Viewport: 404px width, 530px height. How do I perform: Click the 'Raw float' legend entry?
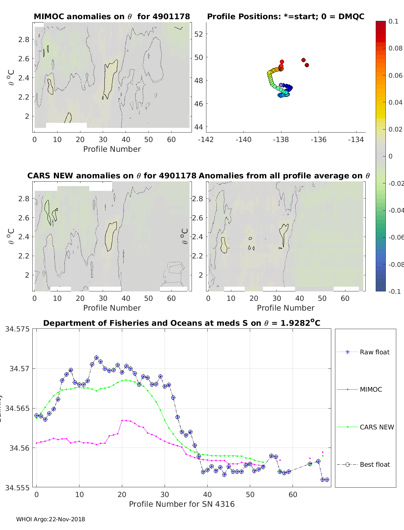374,352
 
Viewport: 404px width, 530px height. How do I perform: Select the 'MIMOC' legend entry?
371,389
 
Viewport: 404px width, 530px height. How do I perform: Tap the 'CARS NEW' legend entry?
377,427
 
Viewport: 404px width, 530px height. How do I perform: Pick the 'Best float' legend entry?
375,464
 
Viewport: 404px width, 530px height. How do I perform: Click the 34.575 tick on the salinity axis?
17,329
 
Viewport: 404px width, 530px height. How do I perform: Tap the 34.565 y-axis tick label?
17,408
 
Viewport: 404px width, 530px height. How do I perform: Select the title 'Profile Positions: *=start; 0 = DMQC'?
285,16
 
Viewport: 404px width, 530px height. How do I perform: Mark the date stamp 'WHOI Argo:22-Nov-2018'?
50,519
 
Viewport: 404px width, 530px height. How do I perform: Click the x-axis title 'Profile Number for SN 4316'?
182,504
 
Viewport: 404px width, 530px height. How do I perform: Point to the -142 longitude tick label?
206,140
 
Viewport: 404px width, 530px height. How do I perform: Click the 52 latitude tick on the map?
199,34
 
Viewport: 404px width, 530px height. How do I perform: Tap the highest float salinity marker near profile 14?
96,357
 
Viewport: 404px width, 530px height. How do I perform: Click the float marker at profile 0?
36,416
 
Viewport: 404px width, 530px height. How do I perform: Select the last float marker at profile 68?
327,480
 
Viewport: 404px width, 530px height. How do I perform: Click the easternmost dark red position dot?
307,65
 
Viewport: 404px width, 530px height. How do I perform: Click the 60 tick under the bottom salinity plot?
293,494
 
